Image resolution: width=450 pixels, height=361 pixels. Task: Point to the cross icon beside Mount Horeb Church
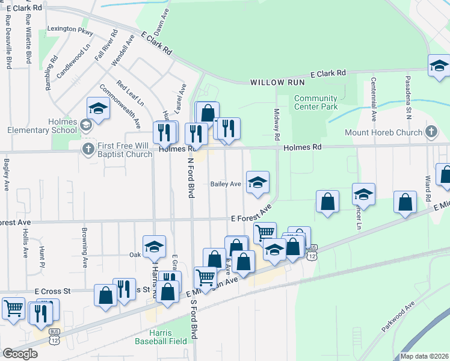431,132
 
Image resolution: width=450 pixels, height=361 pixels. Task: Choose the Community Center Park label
316,103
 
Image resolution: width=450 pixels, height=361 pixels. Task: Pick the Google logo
20,354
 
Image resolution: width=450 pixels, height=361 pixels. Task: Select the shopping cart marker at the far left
13,309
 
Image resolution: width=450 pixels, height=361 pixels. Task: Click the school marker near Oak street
154,247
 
